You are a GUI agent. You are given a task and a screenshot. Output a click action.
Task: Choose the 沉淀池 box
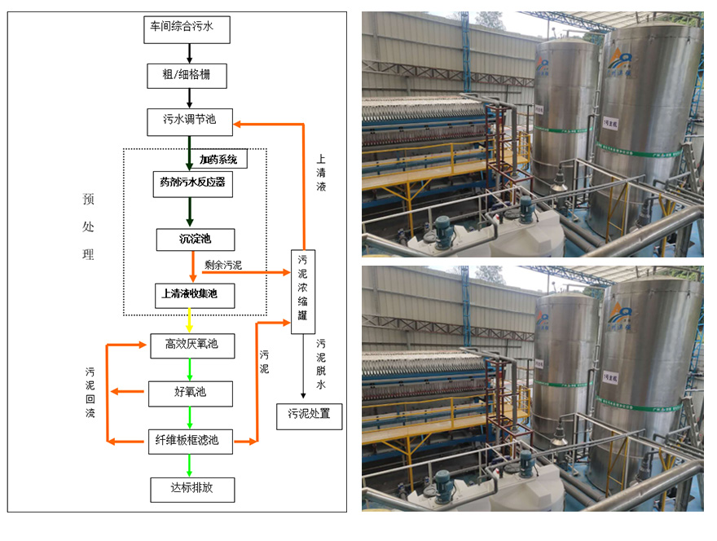(x=195, y=240)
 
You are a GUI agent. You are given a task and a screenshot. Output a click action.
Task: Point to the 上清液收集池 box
(x=194, y=294)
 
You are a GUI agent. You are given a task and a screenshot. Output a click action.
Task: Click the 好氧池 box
(x=191, y=393)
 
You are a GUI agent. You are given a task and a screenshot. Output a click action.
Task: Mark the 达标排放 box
(x=192, y=489)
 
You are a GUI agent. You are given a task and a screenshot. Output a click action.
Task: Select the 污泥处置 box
(x=309, y=415)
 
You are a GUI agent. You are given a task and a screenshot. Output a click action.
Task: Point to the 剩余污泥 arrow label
(x=223, y=265)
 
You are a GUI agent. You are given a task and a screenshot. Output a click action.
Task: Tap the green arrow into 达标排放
(x=190, y=465)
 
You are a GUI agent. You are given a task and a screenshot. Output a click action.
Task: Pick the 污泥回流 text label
(x=90, y=392)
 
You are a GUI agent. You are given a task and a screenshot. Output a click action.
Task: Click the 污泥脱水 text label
(x=321, y=363)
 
